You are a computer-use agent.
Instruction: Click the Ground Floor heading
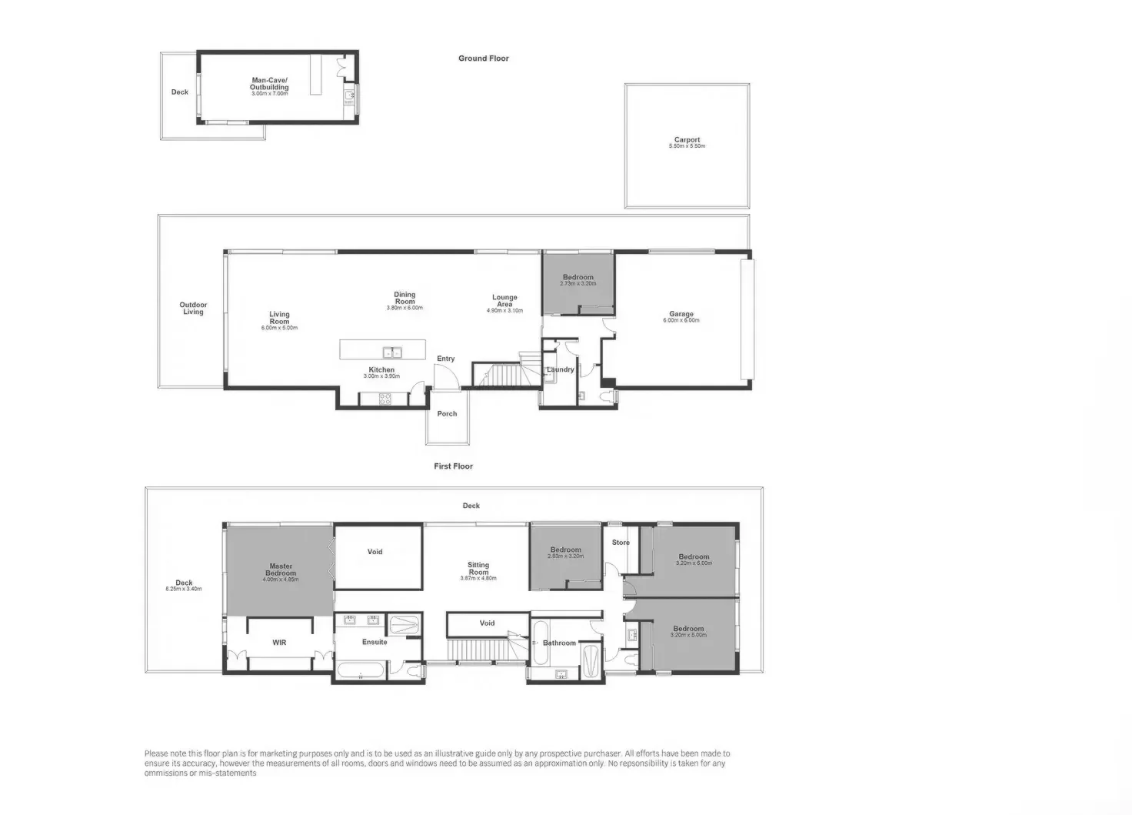coord(483,58)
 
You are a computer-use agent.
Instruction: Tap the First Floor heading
coord(453,466)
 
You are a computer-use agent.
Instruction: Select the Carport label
coord(687,140)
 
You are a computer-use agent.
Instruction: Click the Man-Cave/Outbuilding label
coord(269,84)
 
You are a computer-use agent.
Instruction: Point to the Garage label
coord(681,314)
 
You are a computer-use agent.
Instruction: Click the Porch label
coord(447,414)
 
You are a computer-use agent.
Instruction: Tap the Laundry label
coord(561,370)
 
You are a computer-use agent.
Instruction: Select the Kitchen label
coord(381,370)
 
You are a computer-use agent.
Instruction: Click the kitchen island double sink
coord(393,352)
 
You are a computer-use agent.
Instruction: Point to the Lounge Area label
coord(504,301)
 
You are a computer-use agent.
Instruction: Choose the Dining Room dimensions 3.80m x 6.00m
coord(405,308)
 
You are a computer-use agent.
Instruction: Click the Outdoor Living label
coord(193,309)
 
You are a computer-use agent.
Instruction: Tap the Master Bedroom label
coord(281,569)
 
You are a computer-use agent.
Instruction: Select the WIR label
coord(279,642)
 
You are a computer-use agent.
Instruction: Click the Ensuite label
coord(375,642)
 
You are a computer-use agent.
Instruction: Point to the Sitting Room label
coord(478,569)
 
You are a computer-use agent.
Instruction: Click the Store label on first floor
coord(621,543)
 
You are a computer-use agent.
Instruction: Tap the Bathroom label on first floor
coord(559,643)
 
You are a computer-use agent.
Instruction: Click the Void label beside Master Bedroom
coord(375,552)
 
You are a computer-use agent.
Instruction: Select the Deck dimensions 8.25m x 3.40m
coord(184,590)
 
